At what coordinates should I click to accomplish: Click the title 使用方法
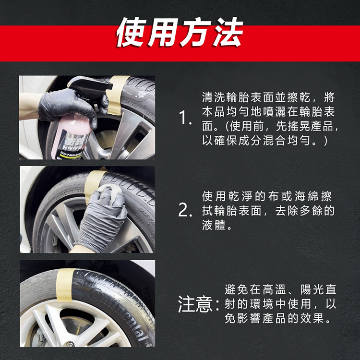[180, 33]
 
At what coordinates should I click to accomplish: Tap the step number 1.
[185, 118]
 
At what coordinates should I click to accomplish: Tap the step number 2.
[185, 211]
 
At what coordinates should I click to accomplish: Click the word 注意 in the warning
[195, 304]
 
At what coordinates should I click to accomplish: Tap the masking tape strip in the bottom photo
[65, 285]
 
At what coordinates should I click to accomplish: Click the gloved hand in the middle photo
[103, 218]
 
